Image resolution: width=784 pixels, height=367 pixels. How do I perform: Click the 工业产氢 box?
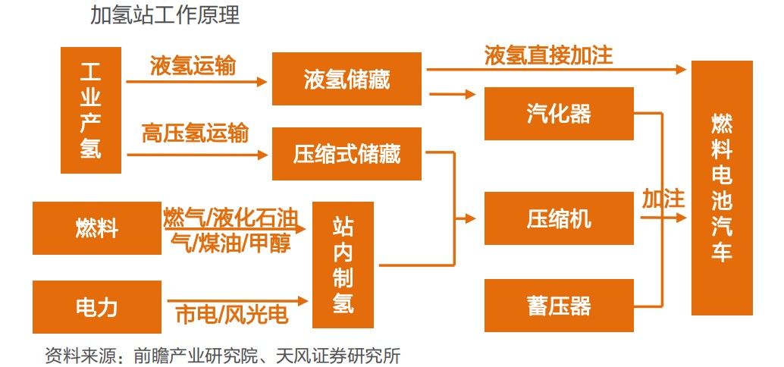tap(90, 110)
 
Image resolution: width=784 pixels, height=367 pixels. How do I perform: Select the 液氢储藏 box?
tap(347, 79)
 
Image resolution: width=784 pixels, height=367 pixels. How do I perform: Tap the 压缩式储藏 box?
tap(347, 153)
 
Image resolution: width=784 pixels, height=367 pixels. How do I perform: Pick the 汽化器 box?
tap(559, 114)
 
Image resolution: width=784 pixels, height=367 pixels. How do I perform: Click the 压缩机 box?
tap(559, 218)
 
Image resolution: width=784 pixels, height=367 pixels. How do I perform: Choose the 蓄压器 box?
tap(559, 306)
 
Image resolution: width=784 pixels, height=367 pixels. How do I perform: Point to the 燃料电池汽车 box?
tap(722, 188)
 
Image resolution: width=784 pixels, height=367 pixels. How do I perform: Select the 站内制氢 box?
tap(343, 265)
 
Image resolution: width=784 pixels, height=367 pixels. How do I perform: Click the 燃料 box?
tap(97, 228)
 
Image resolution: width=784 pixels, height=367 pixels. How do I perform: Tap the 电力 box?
tap(97, 306)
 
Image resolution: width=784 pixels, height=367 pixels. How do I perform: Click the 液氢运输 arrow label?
tap(193, 66)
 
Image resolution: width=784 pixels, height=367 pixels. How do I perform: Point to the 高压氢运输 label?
tap(195, 133)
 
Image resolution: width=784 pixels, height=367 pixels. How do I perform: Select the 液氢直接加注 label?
tap(548, 55)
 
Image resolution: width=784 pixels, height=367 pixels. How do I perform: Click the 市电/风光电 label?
tap(232, 315)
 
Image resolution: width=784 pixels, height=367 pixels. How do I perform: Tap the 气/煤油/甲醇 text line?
tap(230, 243)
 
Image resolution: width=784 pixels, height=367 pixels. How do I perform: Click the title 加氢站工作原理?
tap(165, 15)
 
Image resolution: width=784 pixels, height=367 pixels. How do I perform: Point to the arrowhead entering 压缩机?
tap(470, 218)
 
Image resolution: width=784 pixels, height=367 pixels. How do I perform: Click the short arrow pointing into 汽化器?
tap(452, 93)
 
